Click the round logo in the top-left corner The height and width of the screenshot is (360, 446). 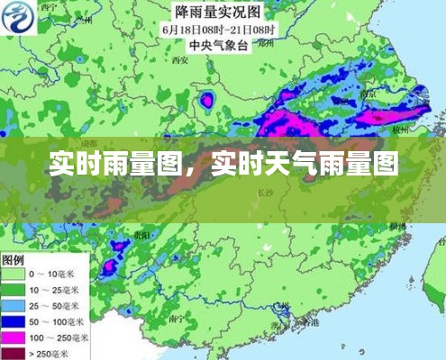click(x=20, y=16)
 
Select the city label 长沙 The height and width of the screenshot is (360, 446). click(x=265, y=193)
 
